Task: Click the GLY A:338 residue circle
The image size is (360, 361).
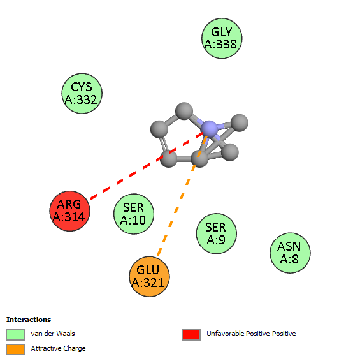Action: pos(222,38)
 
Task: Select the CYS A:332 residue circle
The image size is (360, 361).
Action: pos(82,94)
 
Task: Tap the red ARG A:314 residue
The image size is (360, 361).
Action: pos(69,211)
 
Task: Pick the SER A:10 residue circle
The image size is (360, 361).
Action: pos(134,214)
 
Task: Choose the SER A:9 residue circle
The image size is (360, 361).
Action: pos(216,233)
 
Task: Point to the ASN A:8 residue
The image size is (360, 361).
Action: pos(290,253)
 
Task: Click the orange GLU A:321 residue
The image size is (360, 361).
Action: pos(149,277)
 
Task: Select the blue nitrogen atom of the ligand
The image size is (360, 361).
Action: pos(209,129)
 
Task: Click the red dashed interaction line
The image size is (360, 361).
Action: pos(147,166)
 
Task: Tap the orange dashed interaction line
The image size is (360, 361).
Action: pos(182,196)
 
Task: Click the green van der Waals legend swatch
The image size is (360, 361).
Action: pos(15,334)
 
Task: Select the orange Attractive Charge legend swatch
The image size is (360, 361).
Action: pos(15,350)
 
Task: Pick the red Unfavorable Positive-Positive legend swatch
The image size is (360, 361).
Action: pos(191,334)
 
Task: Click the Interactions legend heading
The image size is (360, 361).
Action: pos(29,320)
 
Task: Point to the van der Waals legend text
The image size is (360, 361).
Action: pos(53,334)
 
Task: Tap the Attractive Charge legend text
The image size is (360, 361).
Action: pos(58,348)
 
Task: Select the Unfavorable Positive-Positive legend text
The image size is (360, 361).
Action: pos(251,334)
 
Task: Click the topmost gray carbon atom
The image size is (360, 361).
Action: pos(184,111)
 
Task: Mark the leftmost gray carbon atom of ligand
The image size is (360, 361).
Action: pos(159,129)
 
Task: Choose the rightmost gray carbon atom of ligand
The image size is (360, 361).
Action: pos(240,123)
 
